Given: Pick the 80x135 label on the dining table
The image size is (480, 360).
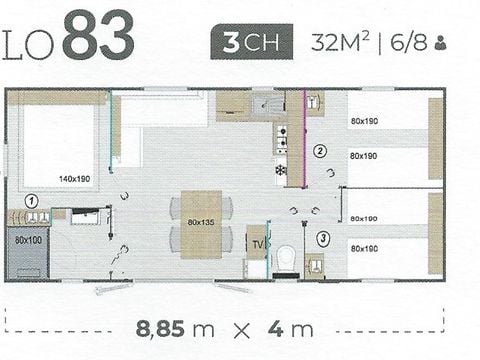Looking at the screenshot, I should (201, 223).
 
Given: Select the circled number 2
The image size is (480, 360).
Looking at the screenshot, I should (320, 152).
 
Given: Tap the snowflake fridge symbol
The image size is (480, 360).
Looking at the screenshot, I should (280, 170).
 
